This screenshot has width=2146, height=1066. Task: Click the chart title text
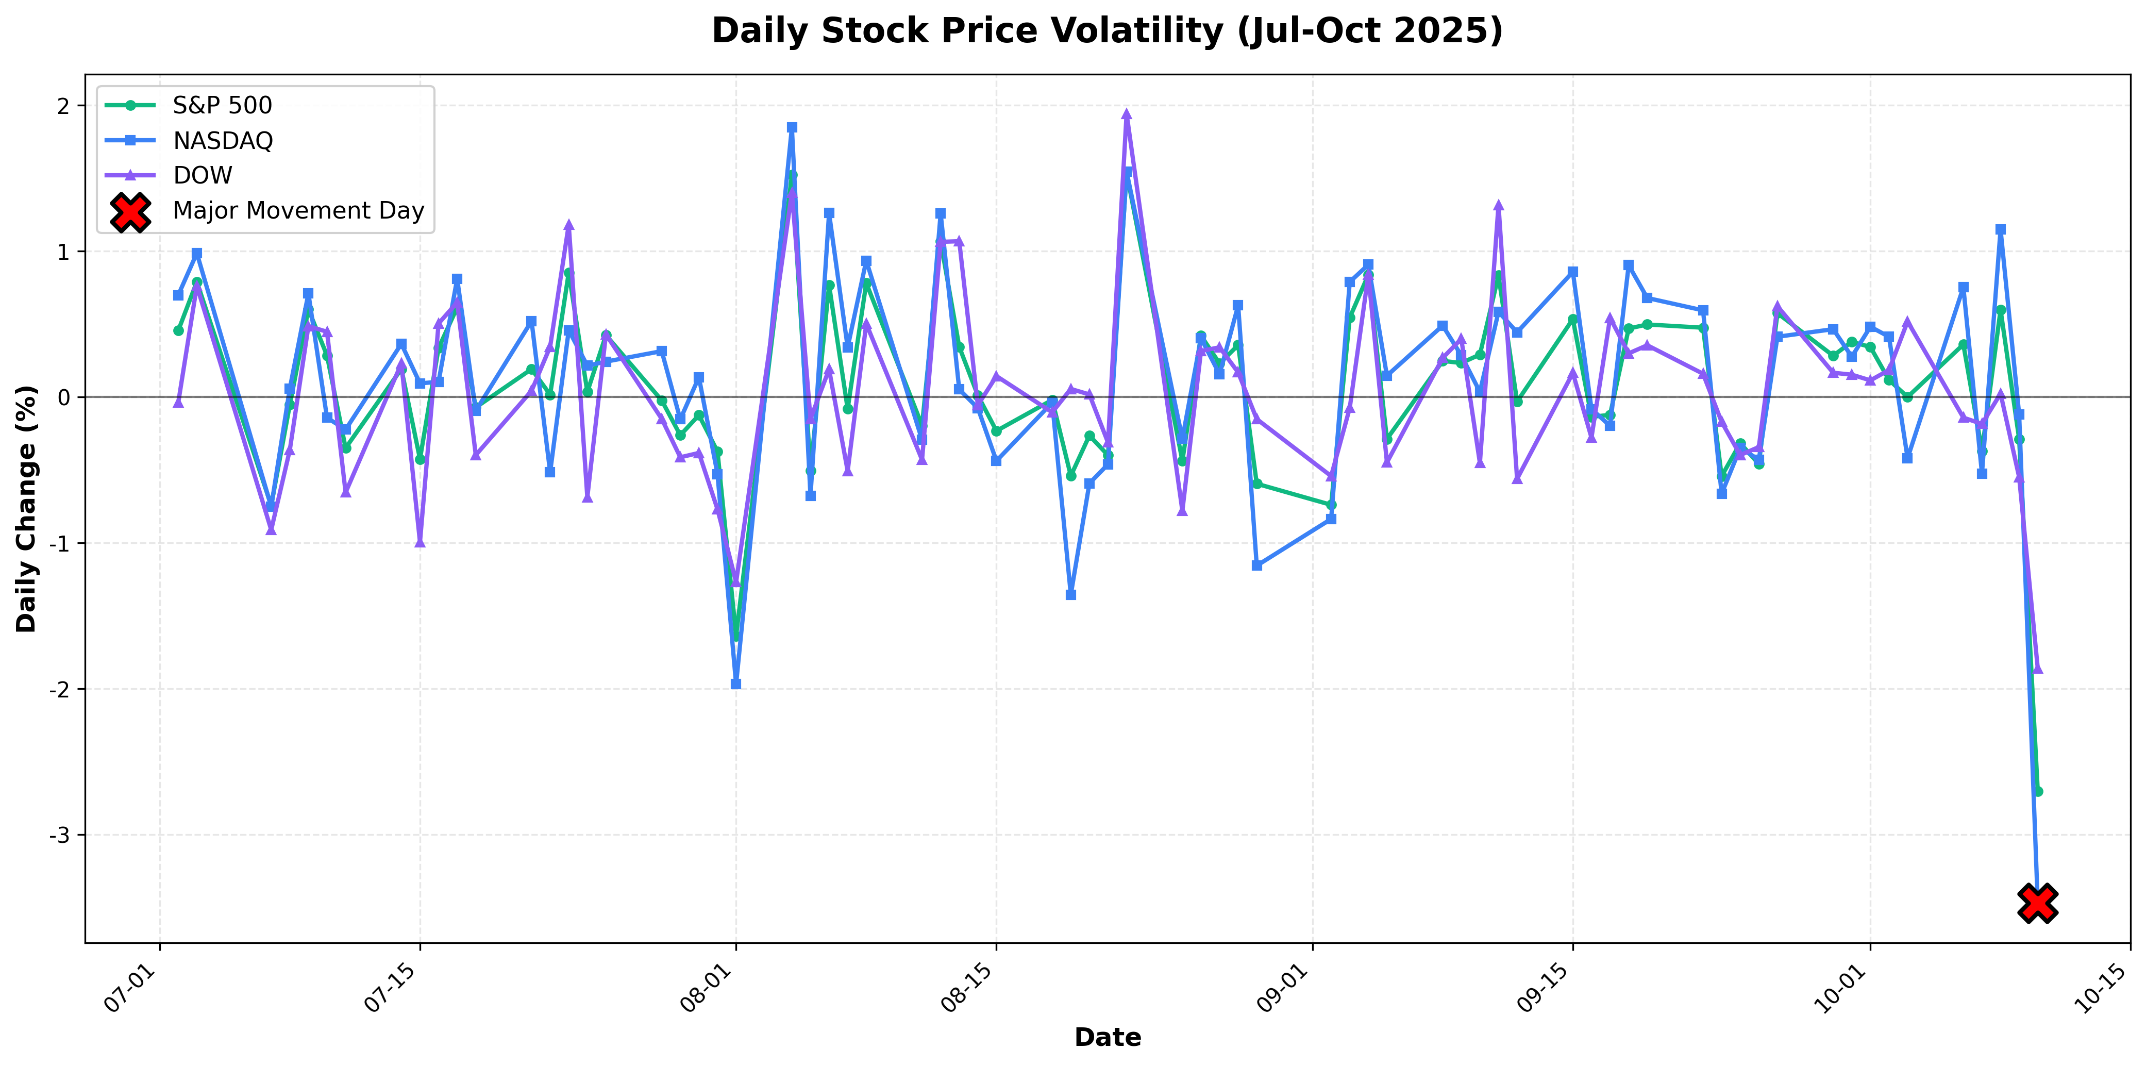(1107, 31)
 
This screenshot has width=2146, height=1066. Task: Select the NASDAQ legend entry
(223, 141)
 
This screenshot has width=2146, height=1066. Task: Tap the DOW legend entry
(203, 176)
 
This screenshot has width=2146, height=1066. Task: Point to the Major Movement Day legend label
(298, 211)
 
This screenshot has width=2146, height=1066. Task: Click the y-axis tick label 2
(64, 106)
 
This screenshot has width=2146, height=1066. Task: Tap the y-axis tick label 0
(64, 397)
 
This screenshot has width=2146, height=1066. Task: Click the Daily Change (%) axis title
(27, 508)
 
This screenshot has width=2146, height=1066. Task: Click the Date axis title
(1107, 1038)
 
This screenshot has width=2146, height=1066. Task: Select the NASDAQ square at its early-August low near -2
(735, 684)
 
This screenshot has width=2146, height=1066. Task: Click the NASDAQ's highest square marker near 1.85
(792, 127)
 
